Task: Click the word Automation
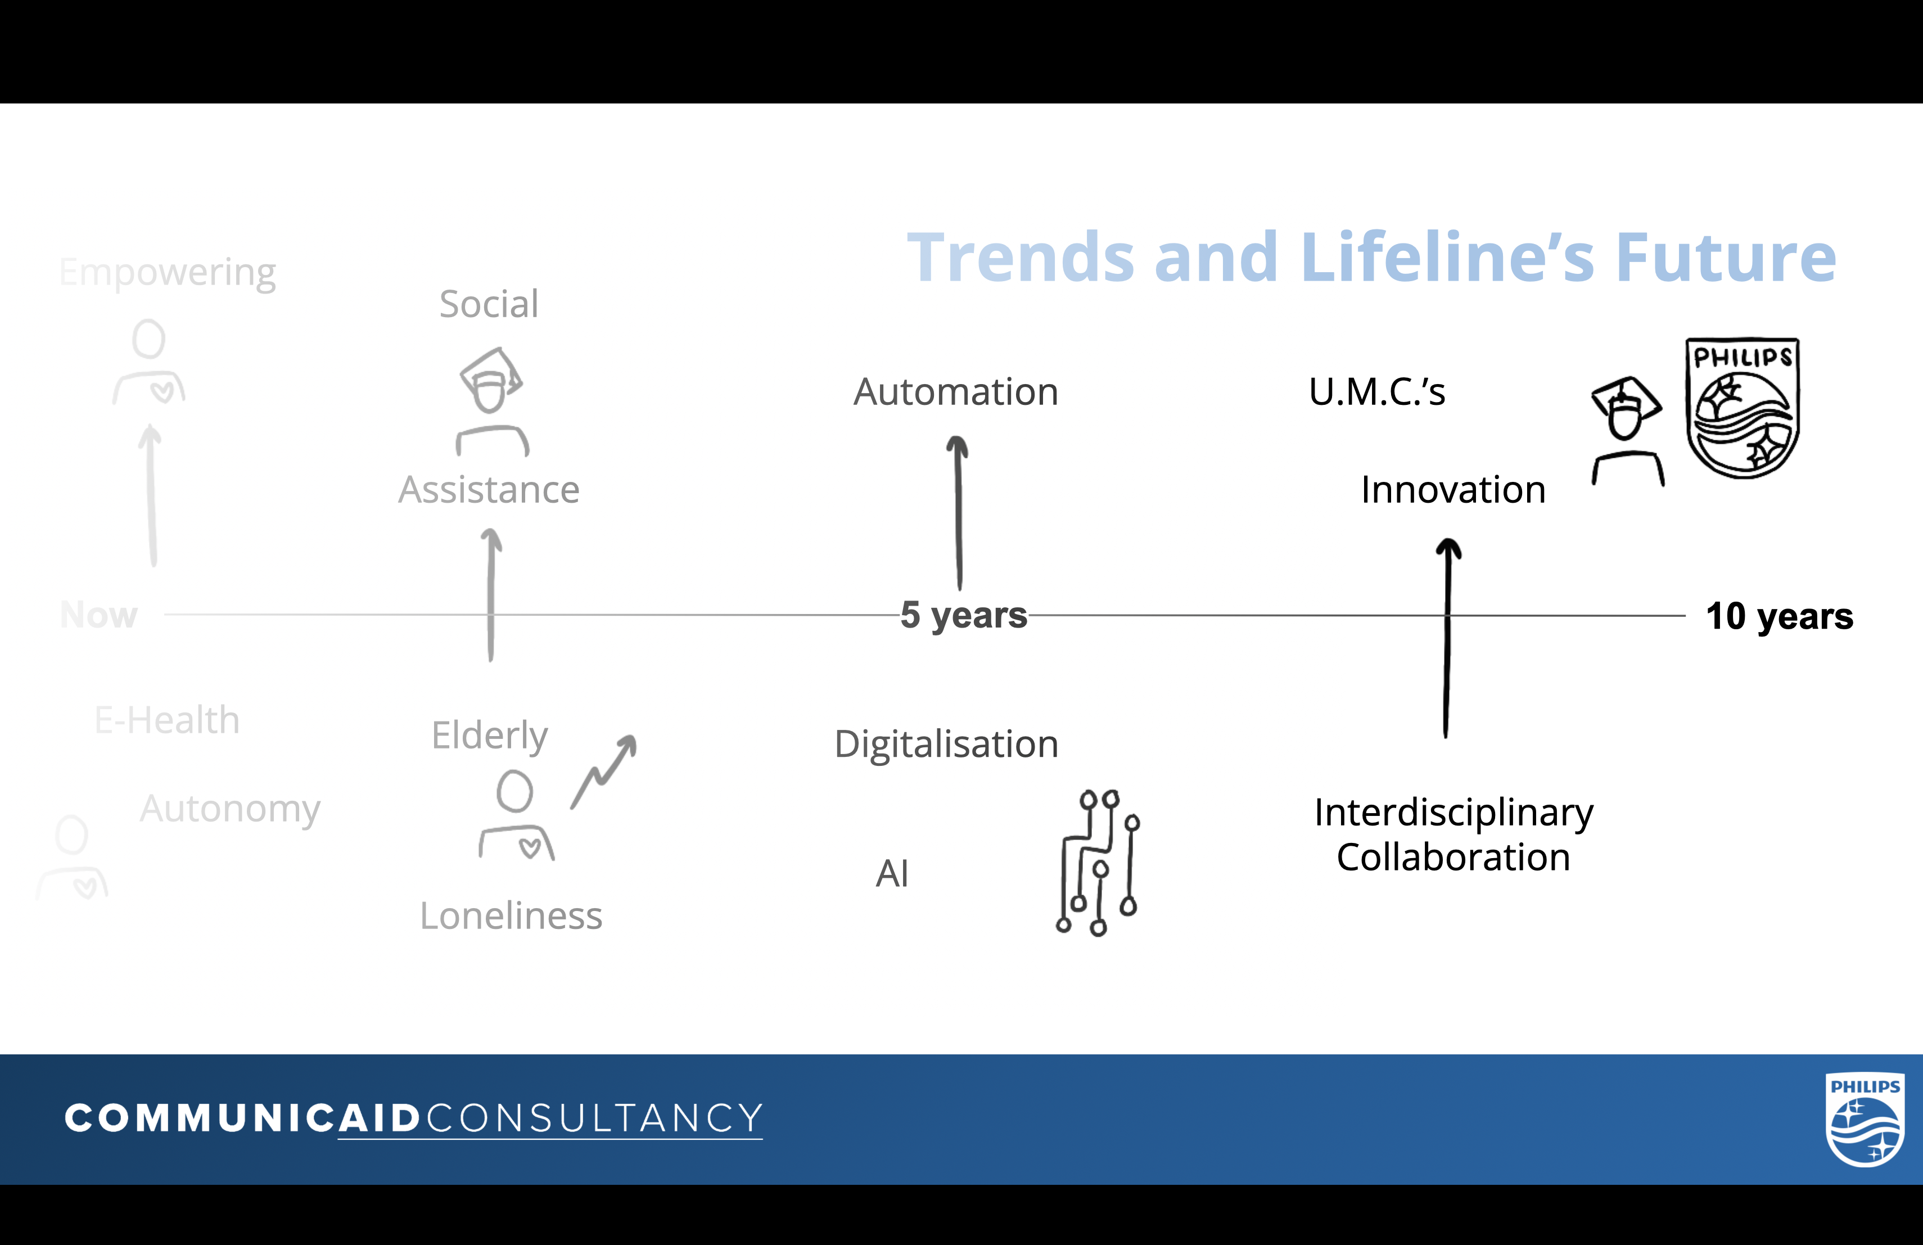coord(956,392)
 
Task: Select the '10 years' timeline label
coord(1779,616)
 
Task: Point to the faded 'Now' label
coord(98,615)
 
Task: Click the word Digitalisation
coord(946,744)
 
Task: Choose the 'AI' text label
coord(892,873)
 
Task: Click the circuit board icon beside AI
coord(1098,862)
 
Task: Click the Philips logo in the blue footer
coord(1865,1120)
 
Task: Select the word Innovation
coord(1453,490)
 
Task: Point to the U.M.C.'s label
coord(1377,392)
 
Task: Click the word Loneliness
coord(511,916)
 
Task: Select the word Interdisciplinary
coord(1453,813)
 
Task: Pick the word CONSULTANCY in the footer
coord(594,1119)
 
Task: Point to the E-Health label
coord(167,720)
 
